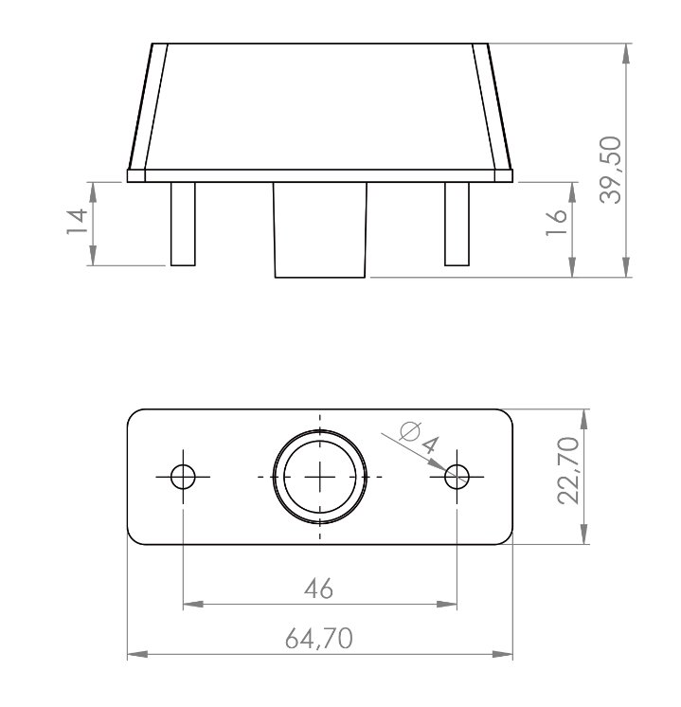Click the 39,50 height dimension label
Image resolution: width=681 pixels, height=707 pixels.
click(x=611, y=170)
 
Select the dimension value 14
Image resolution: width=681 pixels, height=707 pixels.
click(x=77, y=221)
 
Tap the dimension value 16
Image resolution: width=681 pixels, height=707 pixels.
click(x=556, y=223)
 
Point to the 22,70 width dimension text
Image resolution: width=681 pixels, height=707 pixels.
click(x=568, y=470)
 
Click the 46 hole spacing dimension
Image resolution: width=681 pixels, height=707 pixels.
click(x=318, y=589)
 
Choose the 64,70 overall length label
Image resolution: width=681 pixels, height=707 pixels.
click(x=318, y=639)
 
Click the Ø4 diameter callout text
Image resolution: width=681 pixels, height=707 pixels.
click(x=420, y=438)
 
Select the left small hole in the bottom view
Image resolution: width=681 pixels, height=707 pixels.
click(x=183, y=477)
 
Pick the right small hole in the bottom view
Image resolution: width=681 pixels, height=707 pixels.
click(x=457, y=477)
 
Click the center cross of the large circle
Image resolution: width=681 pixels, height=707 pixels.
click(x=320, y=477)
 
